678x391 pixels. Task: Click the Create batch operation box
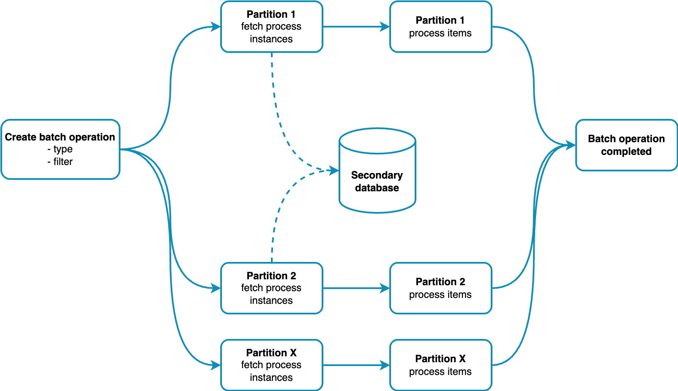tap(60, 149)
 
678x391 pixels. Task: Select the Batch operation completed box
tap(626, 145)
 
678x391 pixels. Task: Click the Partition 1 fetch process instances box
tap(271, 27)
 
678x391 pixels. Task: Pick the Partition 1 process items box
tap(440, 27)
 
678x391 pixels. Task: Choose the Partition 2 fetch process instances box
tap(271, 288)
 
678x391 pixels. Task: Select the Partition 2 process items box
tap(440, 288)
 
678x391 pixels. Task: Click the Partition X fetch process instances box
tap(271, 365)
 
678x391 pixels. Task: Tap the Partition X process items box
tap(440, 365)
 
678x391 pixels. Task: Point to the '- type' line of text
tap(60, 149)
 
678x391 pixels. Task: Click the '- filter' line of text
tap(60, 162)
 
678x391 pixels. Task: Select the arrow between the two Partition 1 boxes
tap(356, 27)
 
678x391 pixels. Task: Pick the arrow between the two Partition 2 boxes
tap(356, 288)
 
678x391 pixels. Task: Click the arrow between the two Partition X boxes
tap(356, 365)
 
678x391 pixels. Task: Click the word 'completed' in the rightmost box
tap(626, 151)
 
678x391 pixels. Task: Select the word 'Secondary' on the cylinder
tap(377, 175)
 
